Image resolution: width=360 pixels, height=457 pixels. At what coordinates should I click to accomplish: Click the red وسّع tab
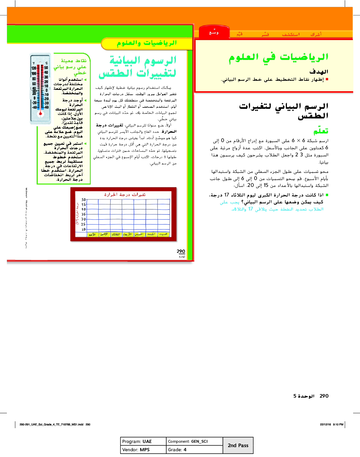pyautogui.click(x=214, y=33)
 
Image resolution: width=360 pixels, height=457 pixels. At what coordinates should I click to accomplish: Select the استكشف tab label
pyautogui.click(x=291, y=34)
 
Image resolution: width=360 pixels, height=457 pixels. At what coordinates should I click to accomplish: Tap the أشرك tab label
pyautogui.click(x=316, y=34)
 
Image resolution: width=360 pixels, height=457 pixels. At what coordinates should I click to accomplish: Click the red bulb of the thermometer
pyautogui.click(x=40, y=113)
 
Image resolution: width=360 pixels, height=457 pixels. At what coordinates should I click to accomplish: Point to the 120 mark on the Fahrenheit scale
pyautogui.click(x=34, y=68)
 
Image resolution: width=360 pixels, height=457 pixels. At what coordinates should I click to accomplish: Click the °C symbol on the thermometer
pyautogui.click(x=46, y=63)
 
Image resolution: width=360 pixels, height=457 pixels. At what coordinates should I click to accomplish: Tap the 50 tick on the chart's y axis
pyautogui.click(x=84, y=200)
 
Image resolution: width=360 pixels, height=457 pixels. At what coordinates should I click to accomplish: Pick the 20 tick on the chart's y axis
pyautogui.click(x=84, y=229)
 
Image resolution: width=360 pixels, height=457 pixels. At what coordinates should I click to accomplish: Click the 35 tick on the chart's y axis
pyautogui.click(x=84, y=214)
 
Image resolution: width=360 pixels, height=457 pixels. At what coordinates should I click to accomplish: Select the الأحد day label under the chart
pyautogui.click(x=92, y=234)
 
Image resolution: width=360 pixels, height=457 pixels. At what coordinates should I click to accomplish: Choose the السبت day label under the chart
pyautogui.click(x=163, y=234)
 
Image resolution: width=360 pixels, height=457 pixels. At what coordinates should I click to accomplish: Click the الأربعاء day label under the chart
pyautogui.click(x=127, y=234)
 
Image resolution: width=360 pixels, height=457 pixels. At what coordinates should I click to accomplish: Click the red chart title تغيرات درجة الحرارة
pyautogui.click(x=125, y=195)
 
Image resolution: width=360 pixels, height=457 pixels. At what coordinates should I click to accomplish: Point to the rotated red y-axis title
pyautogui.click(x=78, y=214)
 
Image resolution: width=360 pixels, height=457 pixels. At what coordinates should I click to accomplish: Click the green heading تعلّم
pyautogui.click(x=321, y=131)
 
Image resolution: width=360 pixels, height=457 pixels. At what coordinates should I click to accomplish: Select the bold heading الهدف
pyautogui.click(x=319, y=72)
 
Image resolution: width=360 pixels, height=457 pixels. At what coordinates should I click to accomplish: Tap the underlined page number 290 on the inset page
pyautogui.click(x=181, y=251)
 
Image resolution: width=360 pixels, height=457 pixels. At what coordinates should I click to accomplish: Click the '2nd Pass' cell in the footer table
pyautogui.click(x=238, y=445)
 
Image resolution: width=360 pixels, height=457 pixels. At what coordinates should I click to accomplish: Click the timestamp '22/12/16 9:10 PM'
pyautogui.click(x=331, y=424)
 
